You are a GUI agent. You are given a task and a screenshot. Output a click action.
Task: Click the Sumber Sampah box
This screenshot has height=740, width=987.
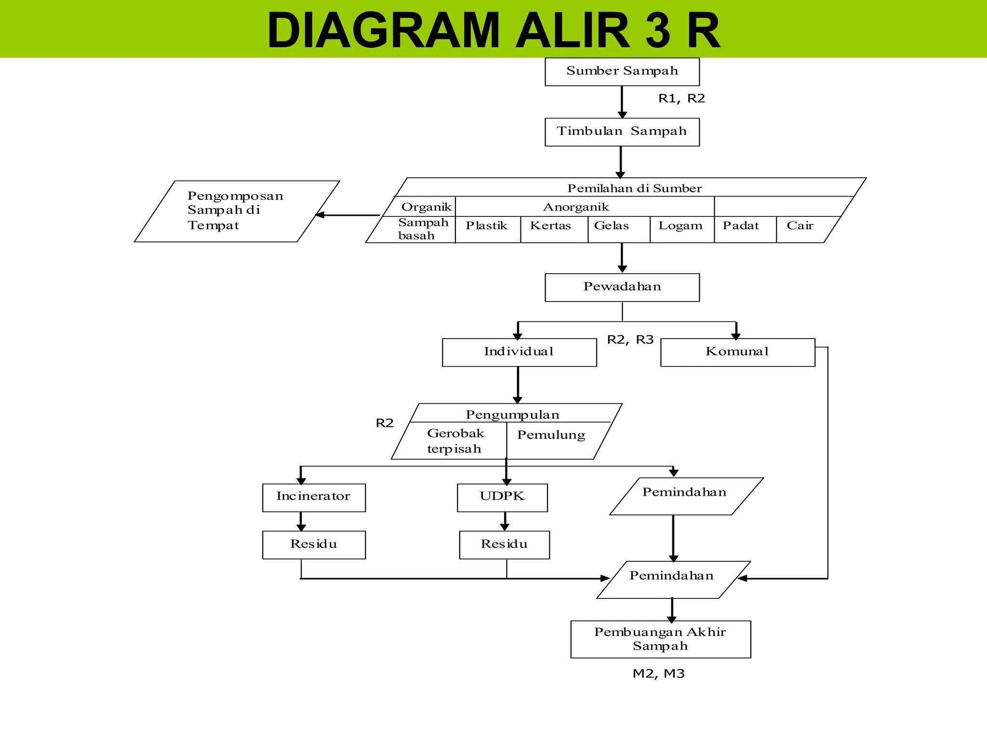click(622, 71)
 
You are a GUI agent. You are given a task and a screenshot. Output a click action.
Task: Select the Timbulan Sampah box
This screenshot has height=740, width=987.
click(622, 132)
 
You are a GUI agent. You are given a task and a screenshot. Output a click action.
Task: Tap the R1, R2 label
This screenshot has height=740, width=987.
click(681, 99)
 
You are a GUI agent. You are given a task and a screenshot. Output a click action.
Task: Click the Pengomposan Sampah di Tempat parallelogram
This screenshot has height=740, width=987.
click(236, 211)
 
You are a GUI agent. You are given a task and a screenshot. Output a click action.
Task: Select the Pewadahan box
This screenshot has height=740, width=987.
click(622, 287)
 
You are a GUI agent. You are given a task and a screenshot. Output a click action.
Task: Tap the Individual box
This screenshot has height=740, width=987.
click(519, 352)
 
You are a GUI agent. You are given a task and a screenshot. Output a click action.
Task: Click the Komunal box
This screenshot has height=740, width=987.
click(737, 352)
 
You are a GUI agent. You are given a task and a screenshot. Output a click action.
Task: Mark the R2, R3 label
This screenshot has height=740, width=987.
click(630, 340)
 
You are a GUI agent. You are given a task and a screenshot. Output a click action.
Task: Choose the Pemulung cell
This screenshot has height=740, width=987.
click(551, 436)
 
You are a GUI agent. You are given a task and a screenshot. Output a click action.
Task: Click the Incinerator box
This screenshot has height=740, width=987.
click(314, 497)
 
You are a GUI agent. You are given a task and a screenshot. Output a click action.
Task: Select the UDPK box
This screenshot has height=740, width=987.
click(502, 497)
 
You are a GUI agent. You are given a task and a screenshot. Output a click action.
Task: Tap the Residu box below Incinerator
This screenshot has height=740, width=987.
click(314, 544)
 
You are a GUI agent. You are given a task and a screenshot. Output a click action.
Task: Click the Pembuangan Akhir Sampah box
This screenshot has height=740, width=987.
click(660, 639)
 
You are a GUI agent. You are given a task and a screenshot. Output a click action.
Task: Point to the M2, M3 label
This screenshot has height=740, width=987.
click(658, 674)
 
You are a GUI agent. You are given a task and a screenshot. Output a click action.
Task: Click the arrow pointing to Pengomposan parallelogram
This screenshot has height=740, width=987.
click(347, 215)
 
